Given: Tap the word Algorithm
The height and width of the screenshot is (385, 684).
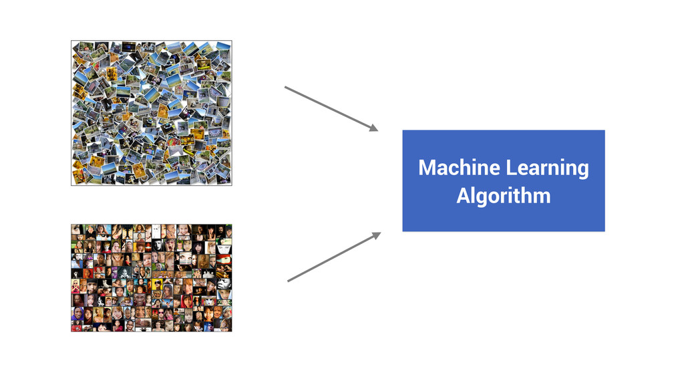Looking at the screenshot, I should (x=504, y=196).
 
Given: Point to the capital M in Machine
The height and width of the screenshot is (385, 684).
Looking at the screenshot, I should (x=426, y=167).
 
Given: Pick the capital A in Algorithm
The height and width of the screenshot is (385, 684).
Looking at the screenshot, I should (x=463, y=196).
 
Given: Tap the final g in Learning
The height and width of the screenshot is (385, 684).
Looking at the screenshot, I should (x=583, y=170).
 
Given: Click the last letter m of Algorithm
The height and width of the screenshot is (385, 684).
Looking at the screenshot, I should (x=544, y=197).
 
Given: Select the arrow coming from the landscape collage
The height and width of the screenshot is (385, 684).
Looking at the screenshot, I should (x=331, y=108).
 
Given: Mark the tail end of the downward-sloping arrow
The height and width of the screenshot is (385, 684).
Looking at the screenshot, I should (x=286, y=87).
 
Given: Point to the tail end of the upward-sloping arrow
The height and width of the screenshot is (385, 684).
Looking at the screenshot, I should (x=289, y=281).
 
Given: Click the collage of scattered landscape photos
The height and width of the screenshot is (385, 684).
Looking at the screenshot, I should (x=151, y=112).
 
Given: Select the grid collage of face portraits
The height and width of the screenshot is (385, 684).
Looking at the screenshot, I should (x=151, y=277).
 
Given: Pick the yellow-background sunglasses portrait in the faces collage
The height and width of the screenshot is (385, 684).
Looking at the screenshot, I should (x=158, y=285).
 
